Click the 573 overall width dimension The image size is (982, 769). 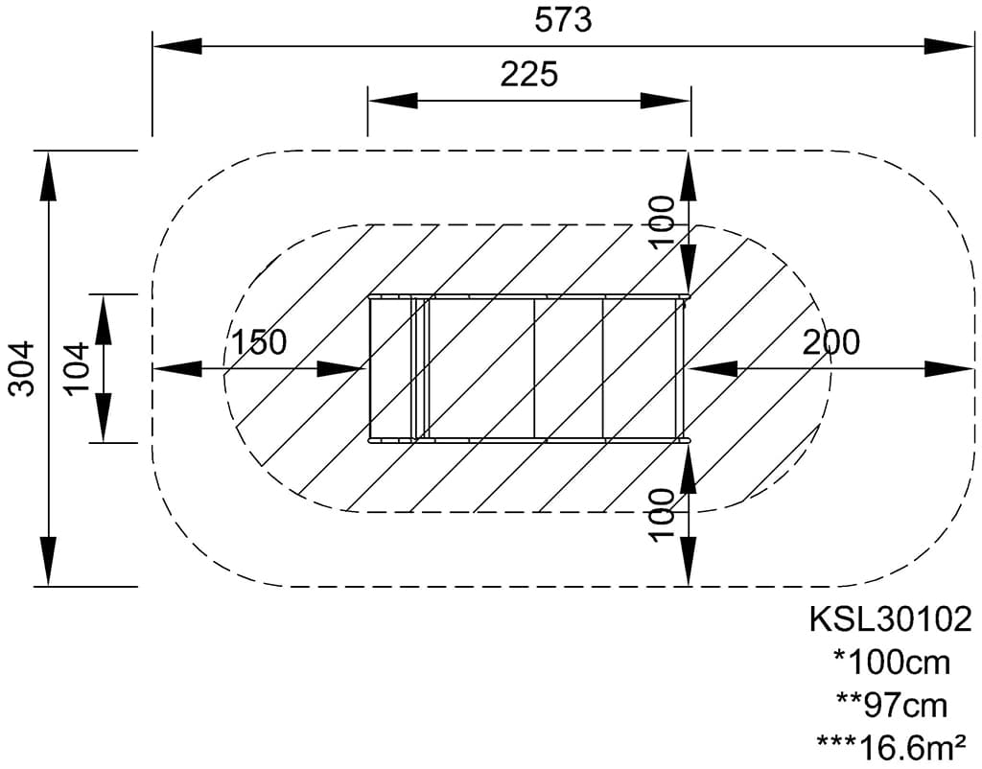click(562, 20)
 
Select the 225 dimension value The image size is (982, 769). click(528, 74)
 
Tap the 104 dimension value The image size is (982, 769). click(78, 368)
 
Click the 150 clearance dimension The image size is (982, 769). click(259, 342)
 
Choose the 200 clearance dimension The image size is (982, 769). click(831, 342)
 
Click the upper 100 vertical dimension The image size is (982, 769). click(662, 222)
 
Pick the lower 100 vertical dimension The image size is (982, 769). click(662, 515)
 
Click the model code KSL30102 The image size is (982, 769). click(891, 618)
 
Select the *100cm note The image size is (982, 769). click(892, 663)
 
